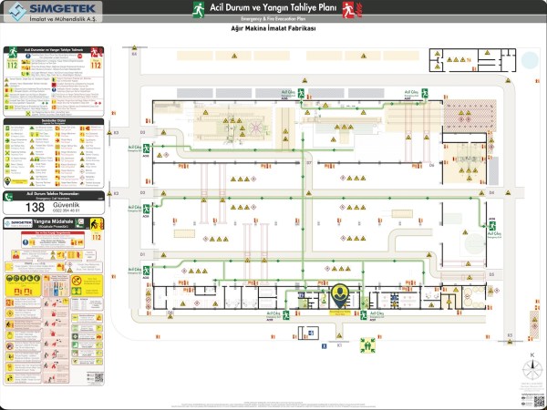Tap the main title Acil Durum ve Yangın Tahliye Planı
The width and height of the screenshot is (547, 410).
pyautogui.click(x=273, y=8)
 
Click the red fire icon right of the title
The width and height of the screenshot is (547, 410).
pyautogui.click(x=347, y=9)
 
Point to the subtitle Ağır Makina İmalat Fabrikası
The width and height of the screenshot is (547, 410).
pyautogui.click(x=273, y=29)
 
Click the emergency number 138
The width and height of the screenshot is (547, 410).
pyautogui.click(x=36, y=207)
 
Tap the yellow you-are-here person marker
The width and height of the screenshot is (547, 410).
pyautogui.click(x=341, y=296)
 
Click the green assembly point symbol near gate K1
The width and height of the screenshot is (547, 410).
pyautogui.click(x=368, y=345)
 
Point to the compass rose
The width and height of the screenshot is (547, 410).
pyautogui.click(x=532, y=370)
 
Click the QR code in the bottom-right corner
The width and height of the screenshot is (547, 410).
pyautogui.click(x=532, y=394)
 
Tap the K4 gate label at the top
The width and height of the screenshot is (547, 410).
pyautogui.click(x=133, y=54)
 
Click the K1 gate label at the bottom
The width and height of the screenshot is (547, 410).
pyautogui.click(x=339, y=346)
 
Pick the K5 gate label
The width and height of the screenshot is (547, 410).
pyautogui.click(x=510, y=335)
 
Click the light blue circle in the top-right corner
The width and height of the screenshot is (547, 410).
pyautogui.click(x=530, y=60)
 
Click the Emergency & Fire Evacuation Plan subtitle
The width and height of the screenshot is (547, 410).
pyautogui.click(x=273, y=18)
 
